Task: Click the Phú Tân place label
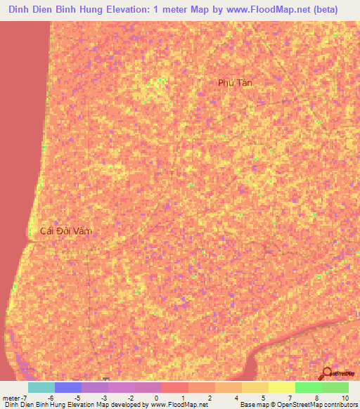pyautogui.click(x=235, y=83)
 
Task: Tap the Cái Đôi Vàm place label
pyautogui.click(x=66, y=231)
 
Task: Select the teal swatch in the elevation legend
pyautogui.click(x=41, y=387)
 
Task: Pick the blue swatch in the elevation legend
pyautogui.click(x=67, y=387)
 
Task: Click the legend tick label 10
pyautogui.click(x=345, y=397)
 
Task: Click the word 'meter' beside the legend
pyautogui.click(x=11, y=397)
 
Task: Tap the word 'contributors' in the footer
pyautogui.click(x=340, y=405)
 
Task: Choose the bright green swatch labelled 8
pyautogui.click(x=308, y=387)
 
